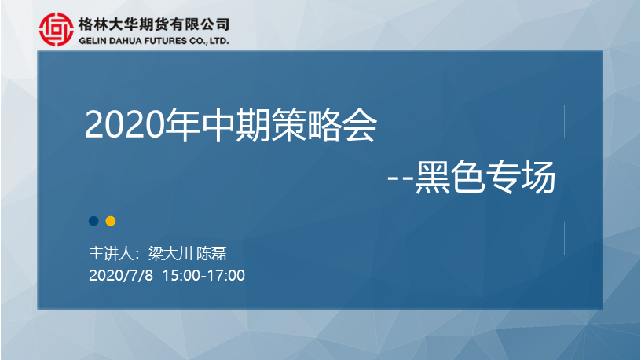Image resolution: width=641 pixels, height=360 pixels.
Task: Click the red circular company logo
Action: (57, 29)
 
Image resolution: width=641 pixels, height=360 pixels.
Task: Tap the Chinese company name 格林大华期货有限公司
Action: (154, 24)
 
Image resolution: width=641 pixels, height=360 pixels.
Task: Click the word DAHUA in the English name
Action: (124, 41)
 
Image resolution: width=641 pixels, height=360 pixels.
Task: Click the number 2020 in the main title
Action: (124, 125)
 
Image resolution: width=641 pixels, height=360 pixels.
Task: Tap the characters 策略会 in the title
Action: (324, 125)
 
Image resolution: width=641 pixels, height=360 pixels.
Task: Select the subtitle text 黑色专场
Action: (485, 177)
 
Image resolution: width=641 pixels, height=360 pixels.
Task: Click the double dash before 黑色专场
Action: (401, 178)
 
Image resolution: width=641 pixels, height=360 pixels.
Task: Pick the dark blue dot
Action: (93, 221)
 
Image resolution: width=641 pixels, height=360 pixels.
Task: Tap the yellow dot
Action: (111, 221)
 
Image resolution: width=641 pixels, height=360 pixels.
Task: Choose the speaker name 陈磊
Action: (211, 254)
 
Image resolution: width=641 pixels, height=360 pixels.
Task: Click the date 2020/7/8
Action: (121, 275)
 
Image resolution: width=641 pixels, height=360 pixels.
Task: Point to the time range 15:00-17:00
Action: (203, 275)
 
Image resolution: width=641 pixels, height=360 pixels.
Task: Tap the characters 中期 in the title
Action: (235, 125)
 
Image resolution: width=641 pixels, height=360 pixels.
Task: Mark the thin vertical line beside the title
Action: (564, 122)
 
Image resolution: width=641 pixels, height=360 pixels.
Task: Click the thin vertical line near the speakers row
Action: (564, 238)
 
